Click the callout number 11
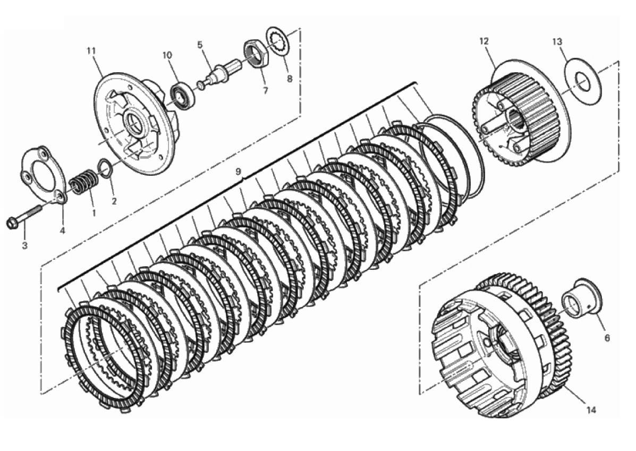click(91, 50)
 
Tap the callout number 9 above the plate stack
click(239, 172)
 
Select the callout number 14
click(591, 410)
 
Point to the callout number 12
click(484, 41)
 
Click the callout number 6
click(607, 337)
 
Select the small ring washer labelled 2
click(105, 168)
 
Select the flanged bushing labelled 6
click(582, 298)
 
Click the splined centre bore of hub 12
click(515, 118)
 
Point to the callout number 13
click(557, 41)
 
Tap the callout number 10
click(167, 55)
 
